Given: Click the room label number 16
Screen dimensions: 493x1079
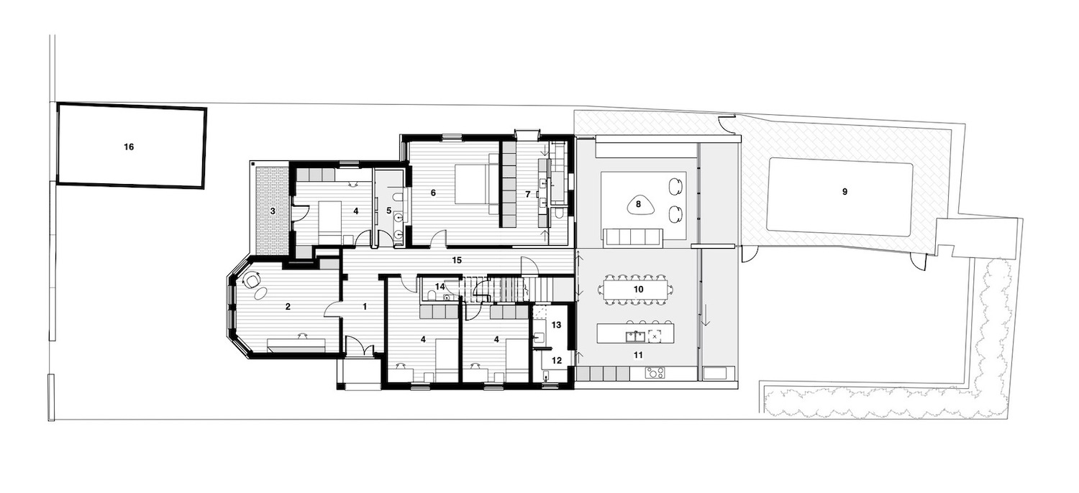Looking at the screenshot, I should pos(129,147).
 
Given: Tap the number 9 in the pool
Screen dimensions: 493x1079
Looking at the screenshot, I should pos(845,192).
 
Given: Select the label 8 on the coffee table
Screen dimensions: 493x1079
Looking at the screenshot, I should pos(638,204).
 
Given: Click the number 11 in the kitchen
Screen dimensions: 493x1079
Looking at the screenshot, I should pos(637,354).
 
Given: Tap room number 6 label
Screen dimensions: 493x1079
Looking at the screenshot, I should pos(433,193).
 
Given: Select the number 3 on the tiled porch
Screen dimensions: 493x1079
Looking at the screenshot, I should pos(273,211).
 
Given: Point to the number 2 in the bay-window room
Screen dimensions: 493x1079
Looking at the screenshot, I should pos(288,307).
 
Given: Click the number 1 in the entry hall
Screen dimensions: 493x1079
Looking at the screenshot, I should pos(365,307).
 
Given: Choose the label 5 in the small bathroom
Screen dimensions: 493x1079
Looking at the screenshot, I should pos(389,211).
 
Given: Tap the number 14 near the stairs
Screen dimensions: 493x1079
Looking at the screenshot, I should pos(440,287).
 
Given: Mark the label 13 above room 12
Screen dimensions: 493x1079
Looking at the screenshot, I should pos(555,325).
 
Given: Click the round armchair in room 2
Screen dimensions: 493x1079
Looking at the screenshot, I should pos(252,280).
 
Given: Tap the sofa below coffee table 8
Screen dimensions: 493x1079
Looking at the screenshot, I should pos(633,237).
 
